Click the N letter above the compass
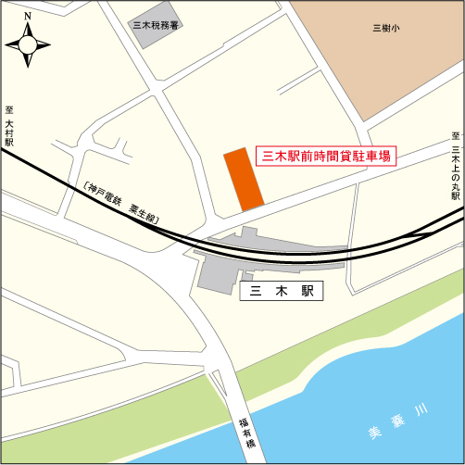point(28,16)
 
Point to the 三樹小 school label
point(385,28)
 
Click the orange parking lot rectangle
point(245,178)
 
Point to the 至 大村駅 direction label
point(8,127)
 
